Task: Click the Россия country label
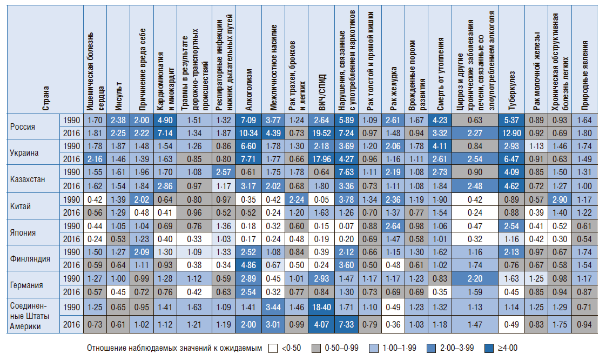(23, 127)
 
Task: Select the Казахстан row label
(28, 179)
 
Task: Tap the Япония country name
(23, 233)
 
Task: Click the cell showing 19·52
(321, 133)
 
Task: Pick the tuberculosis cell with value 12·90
(511, 133)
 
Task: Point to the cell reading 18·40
(321, 307)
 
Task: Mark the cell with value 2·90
(560, 200)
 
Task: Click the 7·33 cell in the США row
(346, 324)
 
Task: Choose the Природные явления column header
(584, 76)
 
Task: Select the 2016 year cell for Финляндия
(71, 265)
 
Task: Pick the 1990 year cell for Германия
(71, 278)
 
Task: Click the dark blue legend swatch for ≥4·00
(489, 349)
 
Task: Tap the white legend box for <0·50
(273, 349)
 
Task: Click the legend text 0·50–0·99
(342, 348)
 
